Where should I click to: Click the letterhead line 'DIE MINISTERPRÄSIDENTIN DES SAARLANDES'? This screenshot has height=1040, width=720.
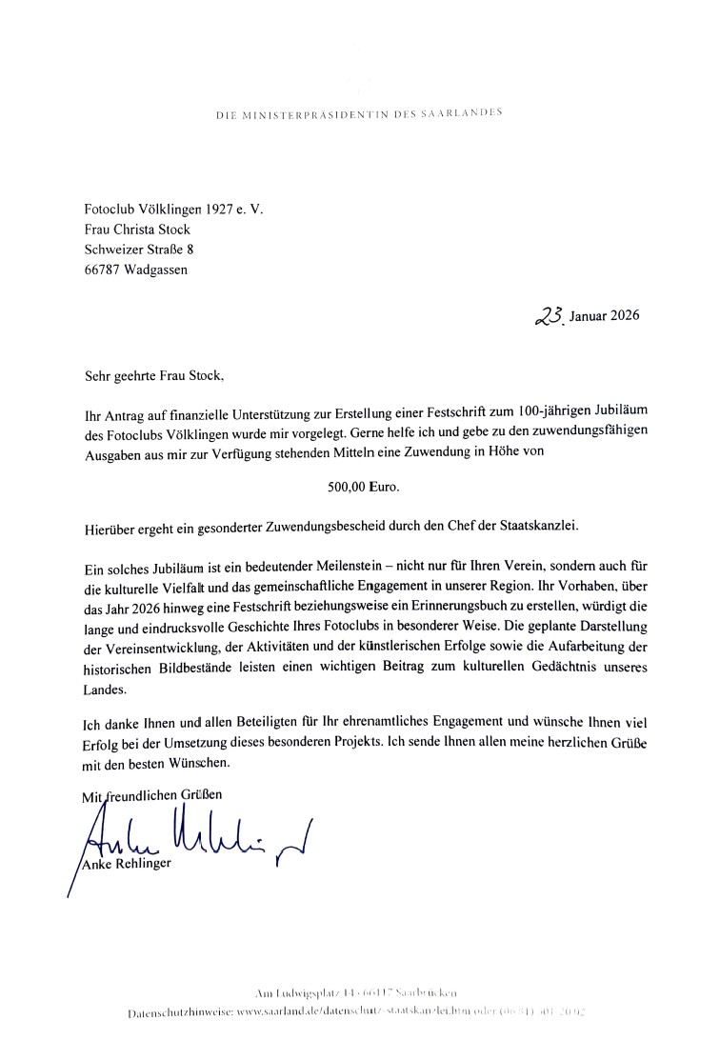(x=359, y=113)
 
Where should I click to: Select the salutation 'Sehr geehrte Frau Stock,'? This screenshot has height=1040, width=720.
(x=154, y=376)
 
